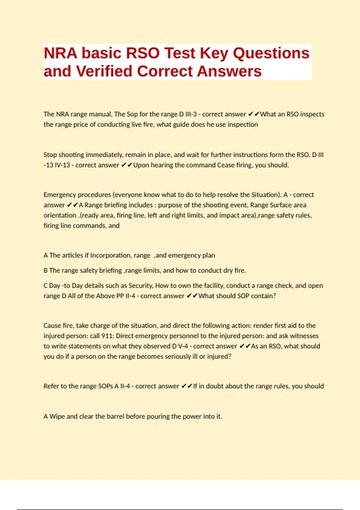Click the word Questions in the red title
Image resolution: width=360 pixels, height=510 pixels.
[271, 53]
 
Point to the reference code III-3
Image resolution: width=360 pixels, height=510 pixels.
[191, 114]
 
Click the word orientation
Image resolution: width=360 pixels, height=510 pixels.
[60, 215]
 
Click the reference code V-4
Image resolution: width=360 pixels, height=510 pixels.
[183, 346]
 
